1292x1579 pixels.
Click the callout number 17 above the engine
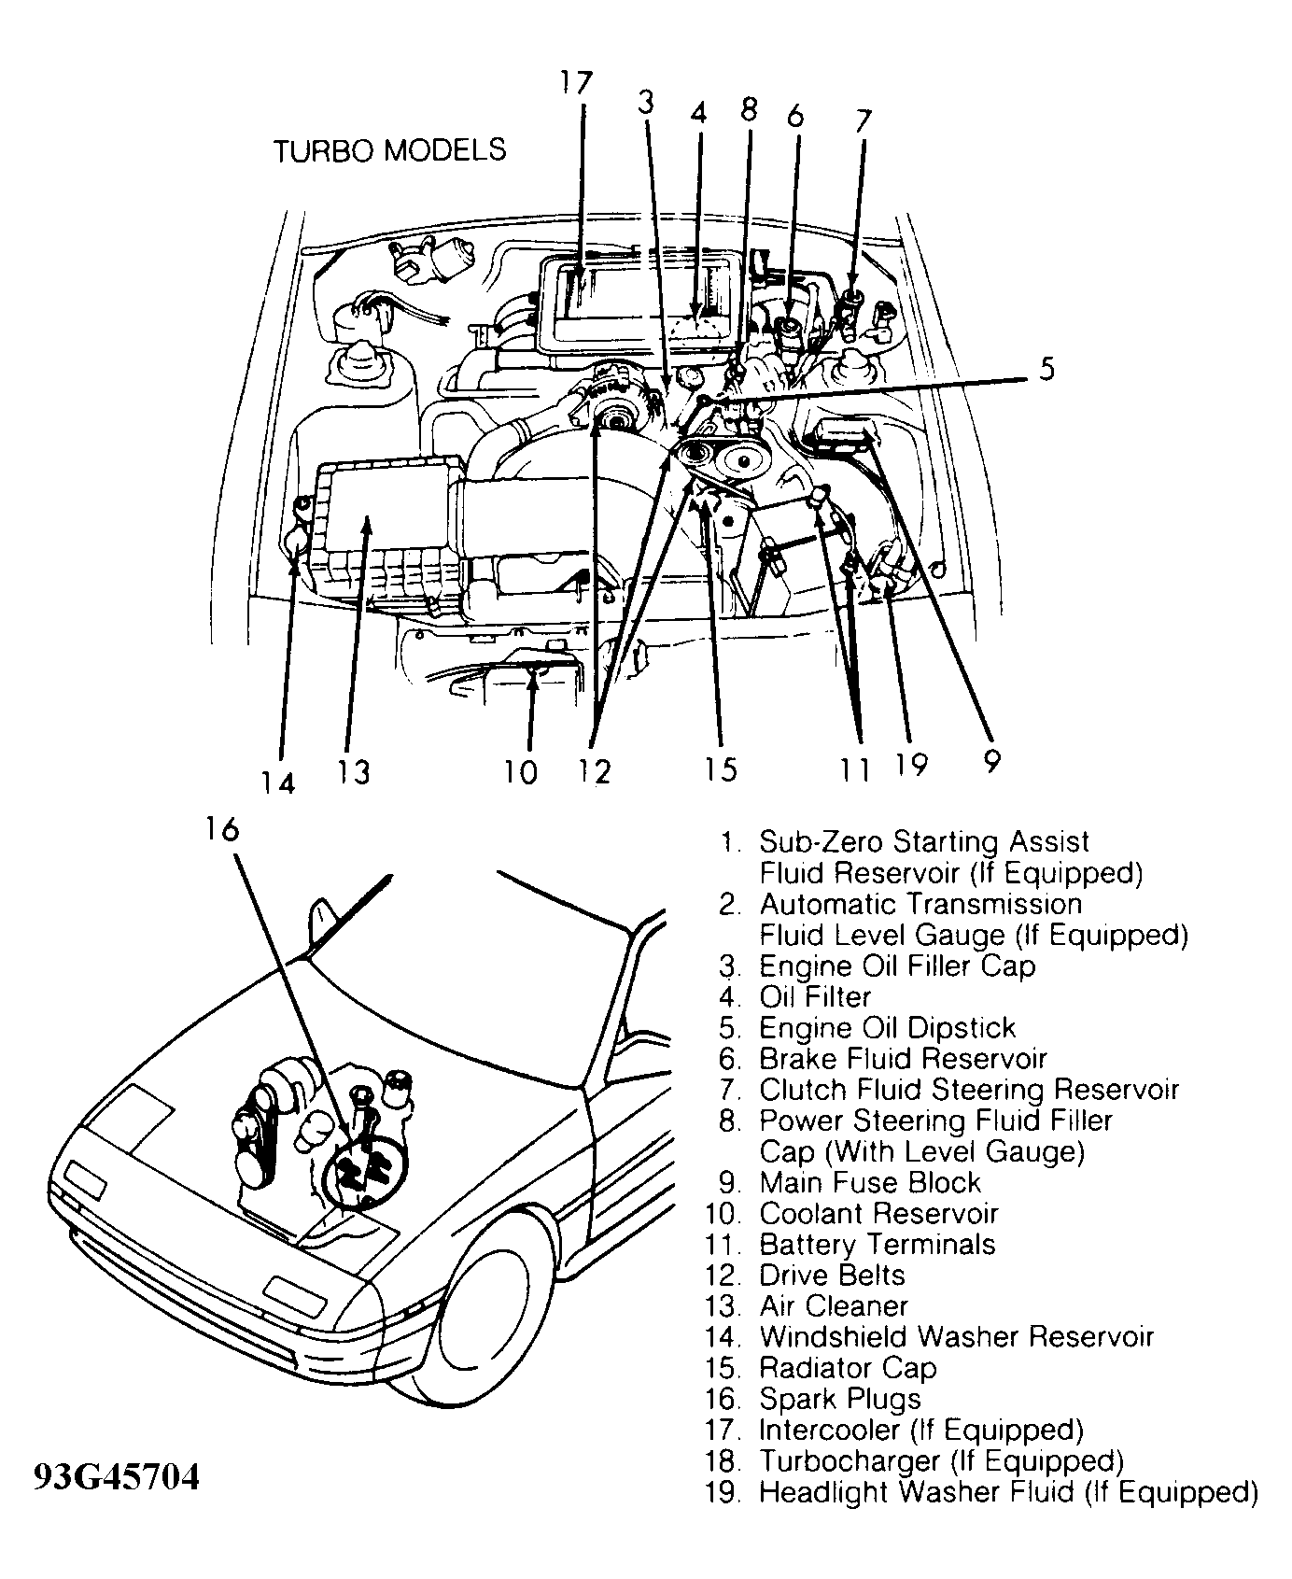coord(577,82)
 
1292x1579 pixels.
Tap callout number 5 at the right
coord(1046,369)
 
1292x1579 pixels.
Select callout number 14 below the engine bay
coord(277,782)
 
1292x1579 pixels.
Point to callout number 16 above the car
coord(222,828)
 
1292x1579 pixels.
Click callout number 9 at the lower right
coord(990,761)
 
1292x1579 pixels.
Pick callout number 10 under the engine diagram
coord(521,772)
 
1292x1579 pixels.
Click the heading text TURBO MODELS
coord(389,150)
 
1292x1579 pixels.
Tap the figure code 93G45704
coord(117,1477)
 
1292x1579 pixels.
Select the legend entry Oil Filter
coord(814,996)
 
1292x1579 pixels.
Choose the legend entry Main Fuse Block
coord(869,1182)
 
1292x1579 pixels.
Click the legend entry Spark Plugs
coord(839,1399)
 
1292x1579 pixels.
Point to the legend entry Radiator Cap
coord(847,1368)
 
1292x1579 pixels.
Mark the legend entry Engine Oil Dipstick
coord(886,1028)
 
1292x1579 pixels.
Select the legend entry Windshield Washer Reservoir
coord(956,1337)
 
